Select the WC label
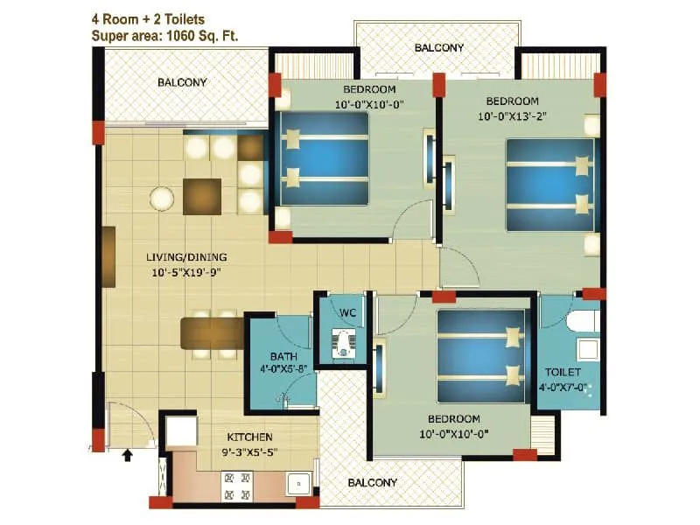coord(346,312)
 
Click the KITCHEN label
coord(250,437)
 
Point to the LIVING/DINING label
coord(186,257)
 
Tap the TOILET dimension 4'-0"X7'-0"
coord(563,386)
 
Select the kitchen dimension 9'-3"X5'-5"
coord(250,451)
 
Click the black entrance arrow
coord(129,454)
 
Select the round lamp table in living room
coord(162,199)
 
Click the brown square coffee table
coord(202,196)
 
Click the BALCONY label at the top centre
coord(439,47)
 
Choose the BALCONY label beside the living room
coord(182,83)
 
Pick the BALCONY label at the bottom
coord(372,482)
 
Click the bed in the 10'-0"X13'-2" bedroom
coord(550,185)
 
